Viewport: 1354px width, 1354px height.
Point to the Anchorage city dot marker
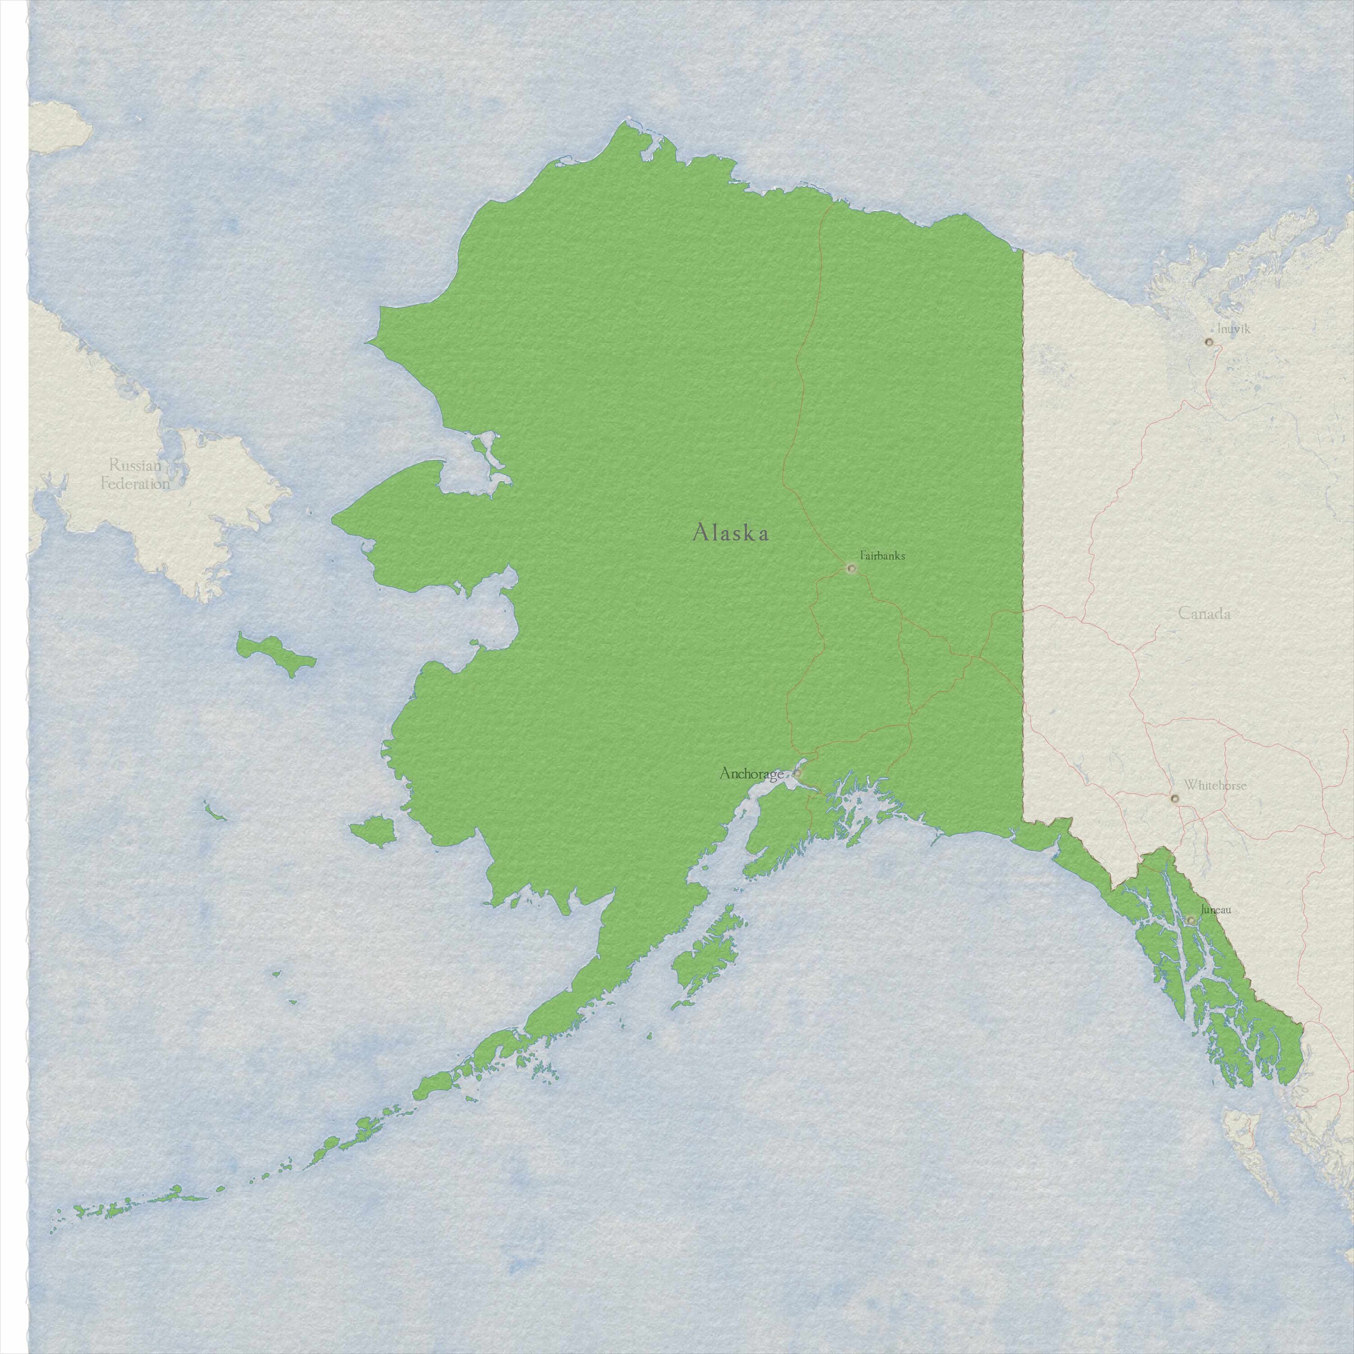797,774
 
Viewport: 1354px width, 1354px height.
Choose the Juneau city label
1215,910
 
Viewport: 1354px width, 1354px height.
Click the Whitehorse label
1215,786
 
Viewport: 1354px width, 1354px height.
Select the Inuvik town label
1233,328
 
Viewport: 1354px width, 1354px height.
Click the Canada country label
1204,614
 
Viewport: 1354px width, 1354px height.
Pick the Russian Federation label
135,474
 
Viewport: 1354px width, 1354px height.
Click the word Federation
135,483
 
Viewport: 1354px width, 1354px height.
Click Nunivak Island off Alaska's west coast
372,832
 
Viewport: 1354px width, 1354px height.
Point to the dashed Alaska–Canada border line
1023,491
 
